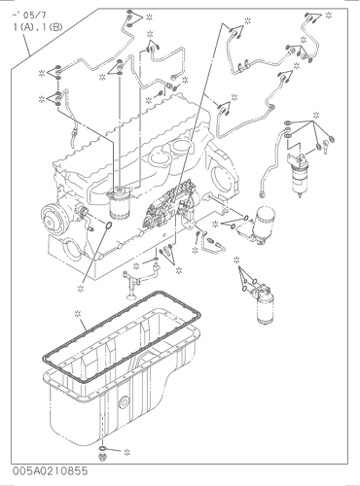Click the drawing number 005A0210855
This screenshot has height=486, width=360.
[51, 470]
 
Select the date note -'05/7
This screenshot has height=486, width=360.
[29, 16]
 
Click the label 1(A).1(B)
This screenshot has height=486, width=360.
[38, 27]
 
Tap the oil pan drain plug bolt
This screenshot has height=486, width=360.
[101, 457]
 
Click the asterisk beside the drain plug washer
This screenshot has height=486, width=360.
[126, 452]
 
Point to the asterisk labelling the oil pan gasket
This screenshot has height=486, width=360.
[78, 313]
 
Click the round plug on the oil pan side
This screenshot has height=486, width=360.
[124, 402]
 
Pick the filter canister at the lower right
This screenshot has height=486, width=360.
[263, 304]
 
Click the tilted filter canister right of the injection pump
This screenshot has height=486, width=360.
[261, 226]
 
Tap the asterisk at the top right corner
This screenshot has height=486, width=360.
[329, 15]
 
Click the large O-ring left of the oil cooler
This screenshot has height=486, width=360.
[109, 225]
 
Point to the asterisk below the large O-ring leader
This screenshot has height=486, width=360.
[81, 288]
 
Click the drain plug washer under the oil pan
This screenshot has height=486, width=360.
[102, 448]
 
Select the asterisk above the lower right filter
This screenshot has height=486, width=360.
[236, 260]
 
